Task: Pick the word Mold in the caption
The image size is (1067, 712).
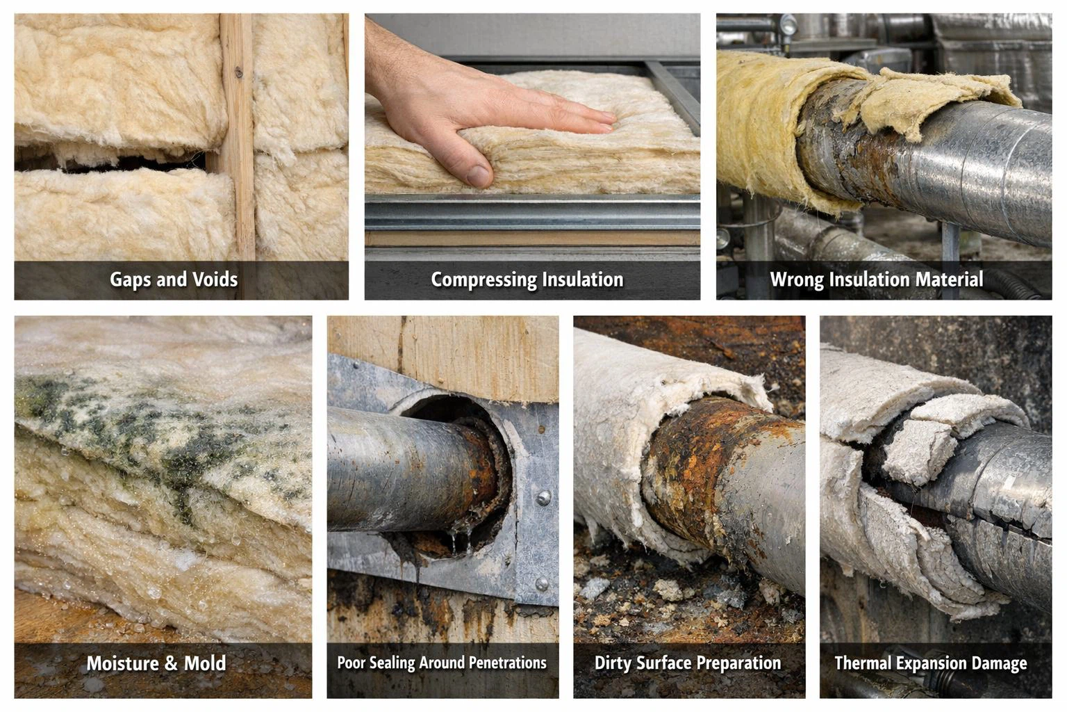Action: click(205, 663)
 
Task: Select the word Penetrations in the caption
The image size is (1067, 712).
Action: click(508, 663)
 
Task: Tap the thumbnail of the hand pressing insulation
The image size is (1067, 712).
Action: click(532, 156)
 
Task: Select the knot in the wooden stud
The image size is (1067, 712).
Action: click(239, 72)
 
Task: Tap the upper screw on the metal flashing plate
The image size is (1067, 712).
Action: click(543, 498)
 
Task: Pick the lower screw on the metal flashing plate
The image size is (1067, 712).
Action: click(541, 583)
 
